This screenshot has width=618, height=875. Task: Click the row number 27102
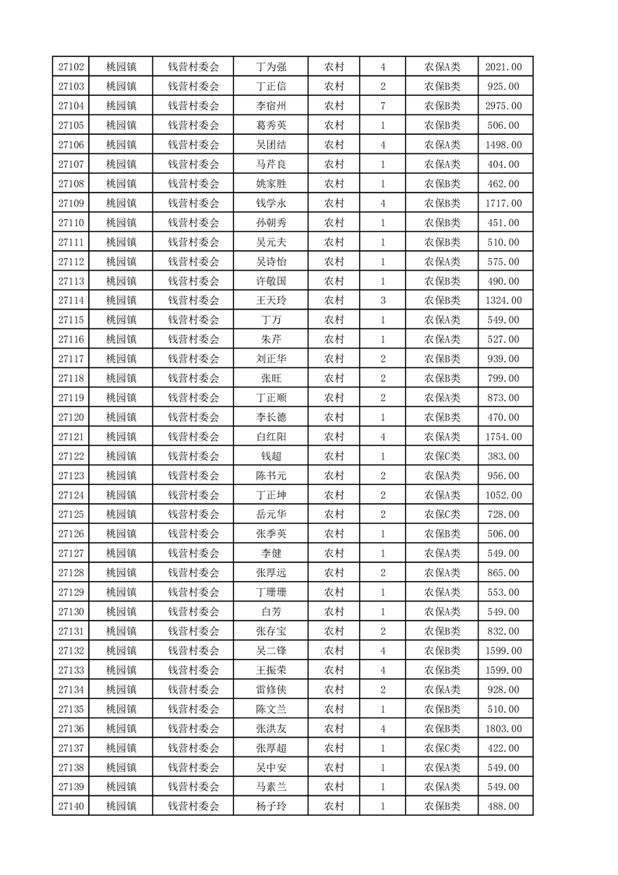pos(71,67)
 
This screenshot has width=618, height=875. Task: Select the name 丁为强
pos(270,67)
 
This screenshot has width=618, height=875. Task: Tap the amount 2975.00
pos(503,106)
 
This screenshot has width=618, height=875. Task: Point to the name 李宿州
pos(270,106)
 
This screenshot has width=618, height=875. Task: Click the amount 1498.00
pos(503,145)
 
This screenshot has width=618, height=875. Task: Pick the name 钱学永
pos(270,203)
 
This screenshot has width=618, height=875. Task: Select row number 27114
pos(71,300)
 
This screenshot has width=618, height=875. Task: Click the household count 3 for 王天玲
pos(383,300)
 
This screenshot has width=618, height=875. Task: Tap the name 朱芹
pos(270,339)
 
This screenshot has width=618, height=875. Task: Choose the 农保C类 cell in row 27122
pos(442,456)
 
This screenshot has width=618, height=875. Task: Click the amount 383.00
pos(503,456)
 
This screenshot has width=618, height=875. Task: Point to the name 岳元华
pos(270,515)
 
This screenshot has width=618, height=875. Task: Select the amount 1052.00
pos(503,495)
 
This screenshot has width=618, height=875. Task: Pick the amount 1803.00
pos(503,728)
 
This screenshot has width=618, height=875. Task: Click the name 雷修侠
pos(270,689)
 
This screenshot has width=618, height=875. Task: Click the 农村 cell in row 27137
pos(334,748)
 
